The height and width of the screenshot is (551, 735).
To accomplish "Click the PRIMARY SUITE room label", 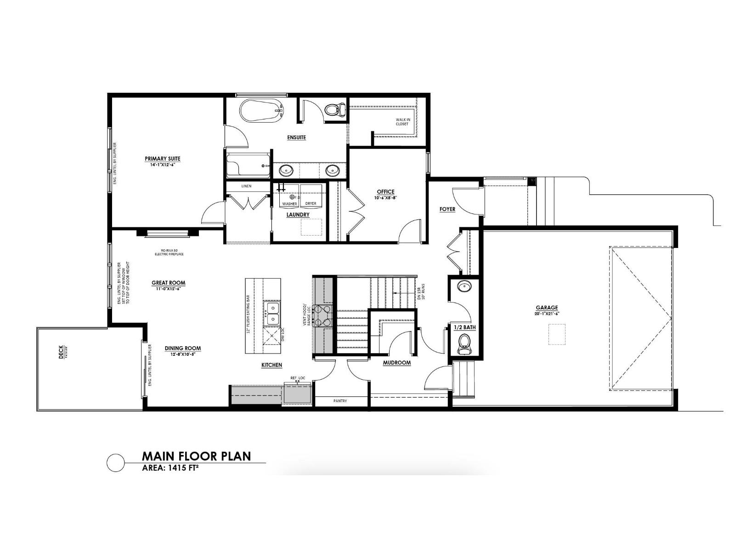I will pos(163,159).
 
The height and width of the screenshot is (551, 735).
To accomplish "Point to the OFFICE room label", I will pos(385,192).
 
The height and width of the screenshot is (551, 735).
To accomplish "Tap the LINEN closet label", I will pos(247,186).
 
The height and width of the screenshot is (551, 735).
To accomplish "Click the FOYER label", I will pos(447,209).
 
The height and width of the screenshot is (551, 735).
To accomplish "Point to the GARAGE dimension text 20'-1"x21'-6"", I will pos(547,314).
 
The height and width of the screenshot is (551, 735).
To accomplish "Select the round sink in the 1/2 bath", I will pos(464,287).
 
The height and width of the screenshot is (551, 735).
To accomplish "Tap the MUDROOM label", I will pos(397,363).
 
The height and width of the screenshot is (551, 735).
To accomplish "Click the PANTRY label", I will pos(340,401).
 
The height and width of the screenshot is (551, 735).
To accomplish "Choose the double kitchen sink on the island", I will pos(271,313).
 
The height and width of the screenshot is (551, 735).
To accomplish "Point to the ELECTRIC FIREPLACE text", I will pos(169,254).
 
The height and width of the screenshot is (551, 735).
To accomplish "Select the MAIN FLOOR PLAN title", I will pos(196,456).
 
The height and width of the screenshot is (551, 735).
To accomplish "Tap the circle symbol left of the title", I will pos(115,462).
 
